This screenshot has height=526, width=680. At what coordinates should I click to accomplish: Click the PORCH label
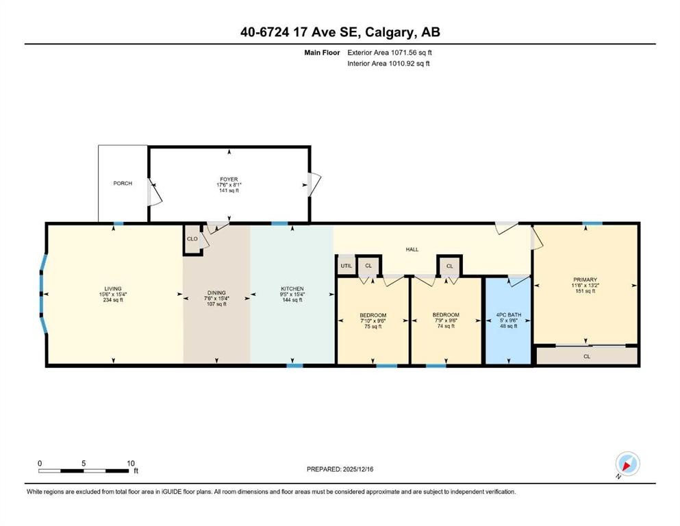pos(123,184)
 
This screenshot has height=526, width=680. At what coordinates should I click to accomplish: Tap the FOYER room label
pos(229,179)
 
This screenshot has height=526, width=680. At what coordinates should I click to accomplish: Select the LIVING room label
pos(113,289)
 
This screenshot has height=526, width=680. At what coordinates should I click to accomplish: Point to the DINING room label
pos(216,292)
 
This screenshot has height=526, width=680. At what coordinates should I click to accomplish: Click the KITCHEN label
pos(292,289)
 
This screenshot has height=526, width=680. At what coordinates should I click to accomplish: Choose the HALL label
pos(412,250)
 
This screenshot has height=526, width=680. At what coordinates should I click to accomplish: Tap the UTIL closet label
pos(346,266)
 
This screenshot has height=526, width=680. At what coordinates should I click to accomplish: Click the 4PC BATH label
pos(508,315)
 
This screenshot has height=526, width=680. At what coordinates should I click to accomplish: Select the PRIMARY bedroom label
pos(585,279)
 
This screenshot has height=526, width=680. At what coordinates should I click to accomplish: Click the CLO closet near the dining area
pos(192,239)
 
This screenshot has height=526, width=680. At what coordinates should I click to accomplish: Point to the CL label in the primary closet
pos(587,357)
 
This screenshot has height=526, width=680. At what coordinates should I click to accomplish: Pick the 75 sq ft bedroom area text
pos(373,327)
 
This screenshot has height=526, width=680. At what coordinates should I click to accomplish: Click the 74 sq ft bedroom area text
pos(445,327)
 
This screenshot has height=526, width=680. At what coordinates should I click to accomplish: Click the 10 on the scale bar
pos(131,463)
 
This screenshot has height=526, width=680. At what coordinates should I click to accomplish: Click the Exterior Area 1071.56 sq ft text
pos(390,52)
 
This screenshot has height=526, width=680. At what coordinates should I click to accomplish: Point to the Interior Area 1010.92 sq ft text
pos(388,64)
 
